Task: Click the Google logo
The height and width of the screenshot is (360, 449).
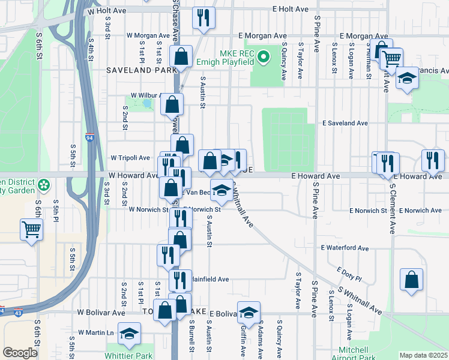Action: click(20, 353)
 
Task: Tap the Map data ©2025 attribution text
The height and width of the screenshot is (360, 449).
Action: click(423, 355)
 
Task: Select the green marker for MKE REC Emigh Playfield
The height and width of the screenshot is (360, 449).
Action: click(263, 58)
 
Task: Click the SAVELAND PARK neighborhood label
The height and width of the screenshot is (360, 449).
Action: click(136, 70)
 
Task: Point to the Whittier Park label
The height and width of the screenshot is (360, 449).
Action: click(130, 355)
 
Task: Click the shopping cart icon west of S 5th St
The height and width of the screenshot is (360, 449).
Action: click(31, 229)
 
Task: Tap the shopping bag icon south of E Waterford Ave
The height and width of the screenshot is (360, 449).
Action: click(411, 280)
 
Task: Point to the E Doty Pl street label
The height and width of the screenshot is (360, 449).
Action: click(349, 275)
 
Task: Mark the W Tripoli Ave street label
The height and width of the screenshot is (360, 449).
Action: click(130, 158)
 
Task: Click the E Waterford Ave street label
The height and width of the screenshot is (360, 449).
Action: click(345, 248)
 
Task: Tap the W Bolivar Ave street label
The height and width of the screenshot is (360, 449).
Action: click(101, 313)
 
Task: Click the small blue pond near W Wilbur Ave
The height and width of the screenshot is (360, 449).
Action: click(147, 103)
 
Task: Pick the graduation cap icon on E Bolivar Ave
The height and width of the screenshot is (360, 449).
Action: click(249, 311)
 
